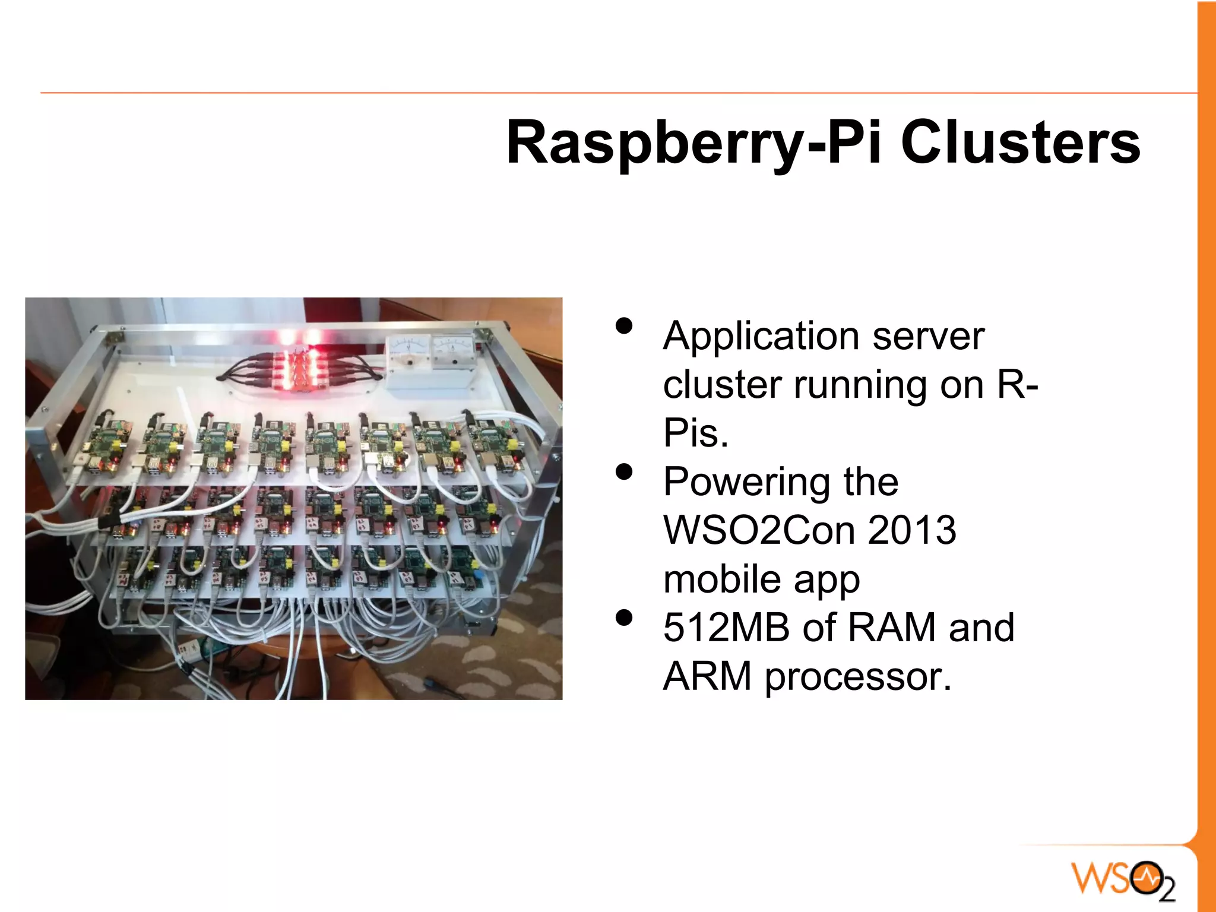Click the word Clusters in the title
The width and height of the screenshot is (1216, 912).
(1020, 142)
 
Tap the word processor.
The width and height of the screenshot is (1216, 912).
(857, 677)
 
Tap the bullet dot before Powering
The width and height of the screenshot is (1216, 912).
(624, 472)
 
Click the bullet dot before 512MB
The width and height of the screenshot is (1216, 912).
(624, 618)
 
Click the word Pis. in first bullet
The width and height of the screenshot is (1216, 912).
(695, 433)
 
